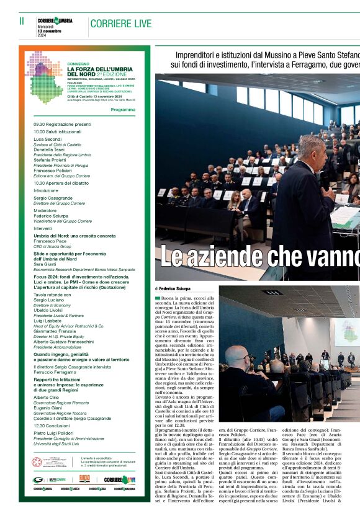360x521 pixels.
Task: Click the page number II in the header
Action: [x=22, y=21]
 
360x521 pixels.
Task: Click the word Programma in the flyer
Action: [x=122, y=109]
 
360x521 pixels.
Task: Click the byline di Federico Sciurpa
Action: [x=173, y=289]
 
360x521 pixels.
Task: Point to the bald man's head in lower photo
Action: [x=236, y=357]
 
